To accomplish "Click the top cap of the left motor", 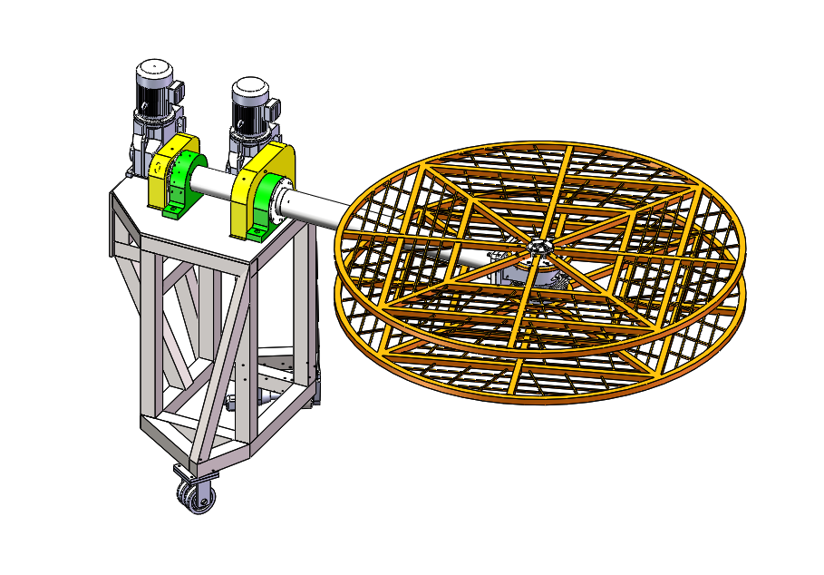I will (154, 70).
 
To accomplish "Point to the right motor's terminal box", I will (273, 109).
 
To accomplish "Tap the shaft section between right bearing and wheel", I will (317, 206).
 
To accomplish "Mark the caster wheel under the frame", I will (192, 494).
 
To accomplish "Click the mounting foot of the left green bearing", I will (172, 213).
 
